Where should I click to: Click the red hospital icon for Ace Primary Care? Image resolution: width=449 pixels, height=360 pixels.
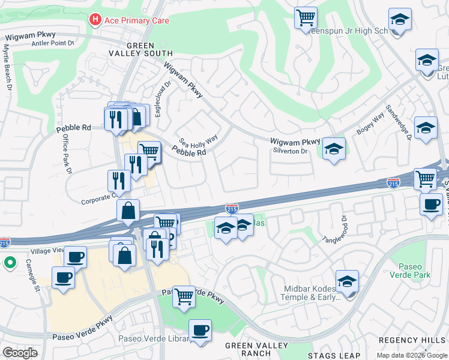[94, 20]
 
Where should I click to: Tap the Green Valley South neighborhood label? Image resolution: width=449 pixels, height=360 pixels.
[140, 50]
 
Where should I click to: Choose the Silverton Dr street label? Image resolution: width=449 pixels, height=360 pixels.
[291, 152]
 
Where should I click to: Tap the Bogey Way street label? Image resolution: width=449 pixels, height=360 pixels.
[370, 126]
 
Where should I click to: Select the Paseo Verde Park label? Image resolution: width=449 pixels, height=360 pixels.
[414, 270]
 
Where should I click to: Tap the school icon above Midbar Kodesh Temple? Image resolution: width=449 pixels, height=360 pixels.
[347, 281]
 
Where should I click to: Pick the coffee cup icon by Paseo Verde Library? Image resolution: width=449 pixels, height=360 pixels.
[200, 330]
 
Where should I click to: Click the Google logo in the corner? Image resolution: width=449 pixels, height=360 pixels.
[20, 353]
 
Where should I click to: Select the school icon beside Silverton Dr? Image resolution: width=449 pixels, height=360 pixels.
[334, 149]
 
